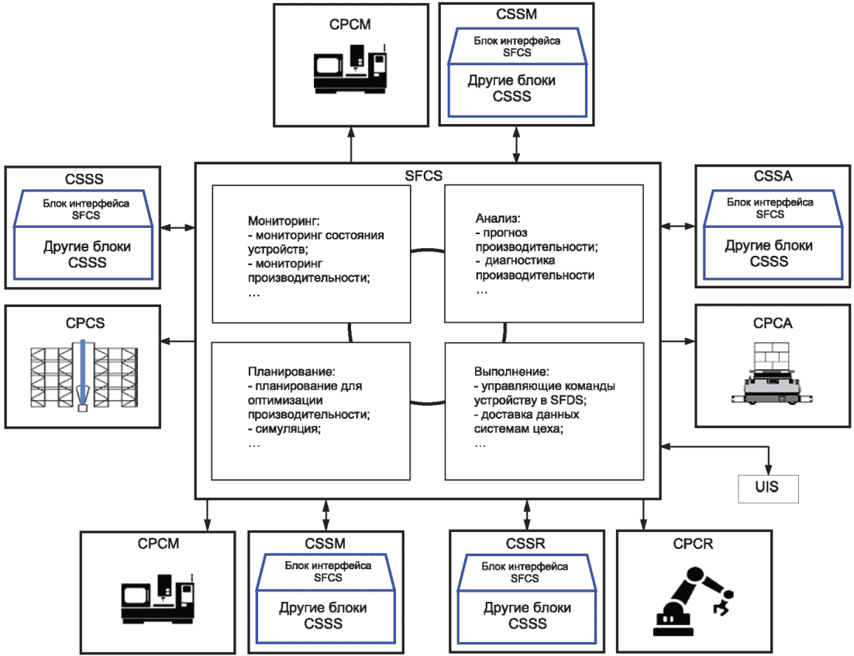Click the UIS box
coord(768,488)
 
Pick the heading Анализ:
coord(497,219)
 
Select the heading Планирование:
coord(291,371)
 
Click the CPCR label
coord(693,544)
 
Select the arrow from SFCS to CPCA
coord(678,340)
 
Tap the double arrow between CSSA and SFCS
coord(678,226)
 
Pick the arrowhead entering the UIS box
coord(768,468)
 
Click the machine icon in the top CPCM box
coord(351,68)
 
